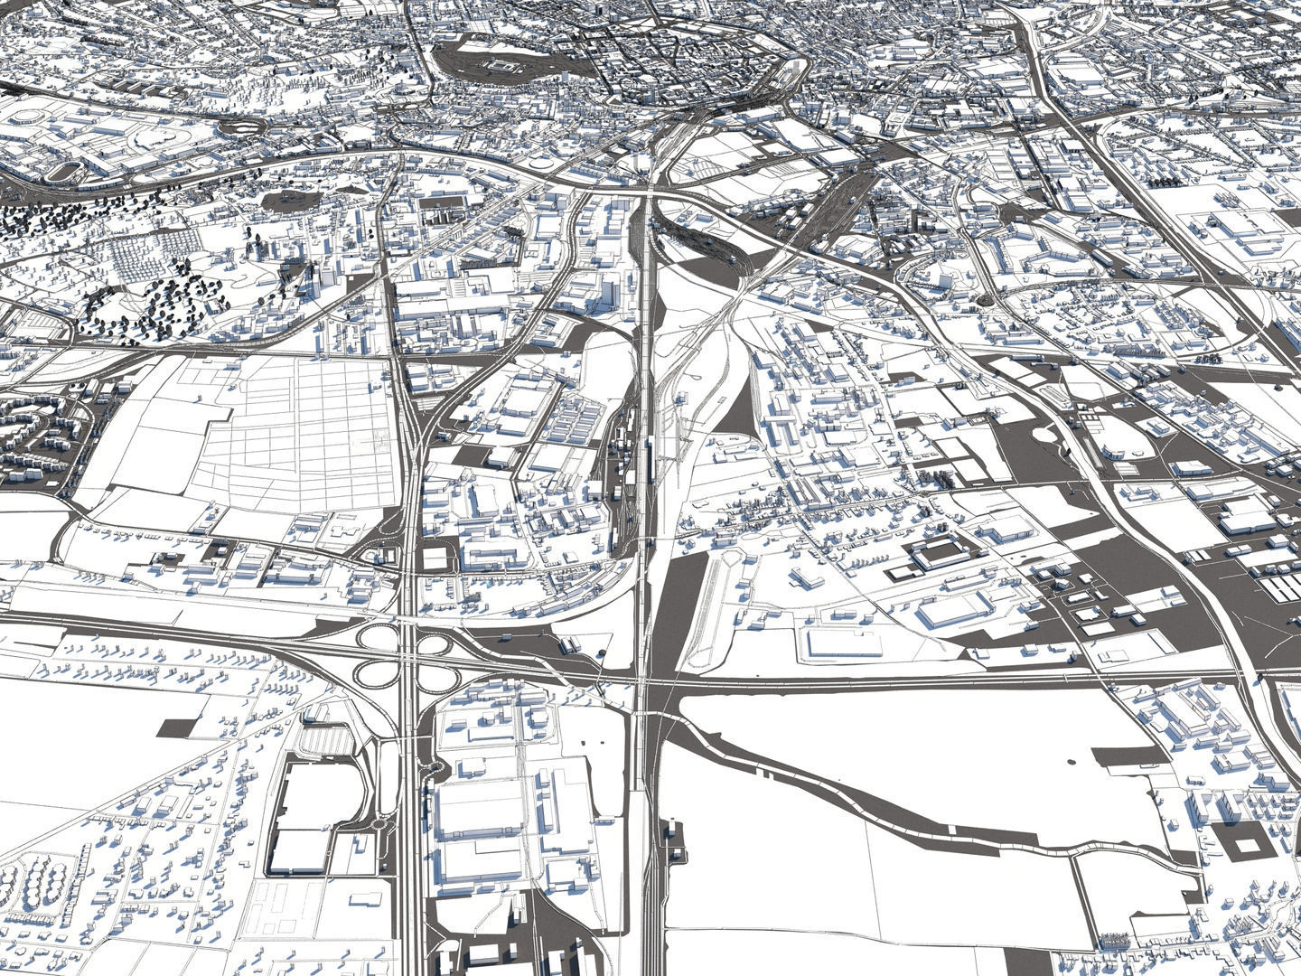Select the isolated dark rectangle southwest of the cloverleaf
pyautogui.click(x=180, y=728)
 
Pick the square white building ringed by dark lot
pyautogui.click(x=435, y=557)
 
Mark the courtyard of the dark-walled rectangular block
pyautogui.click(x=936, y=553)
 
